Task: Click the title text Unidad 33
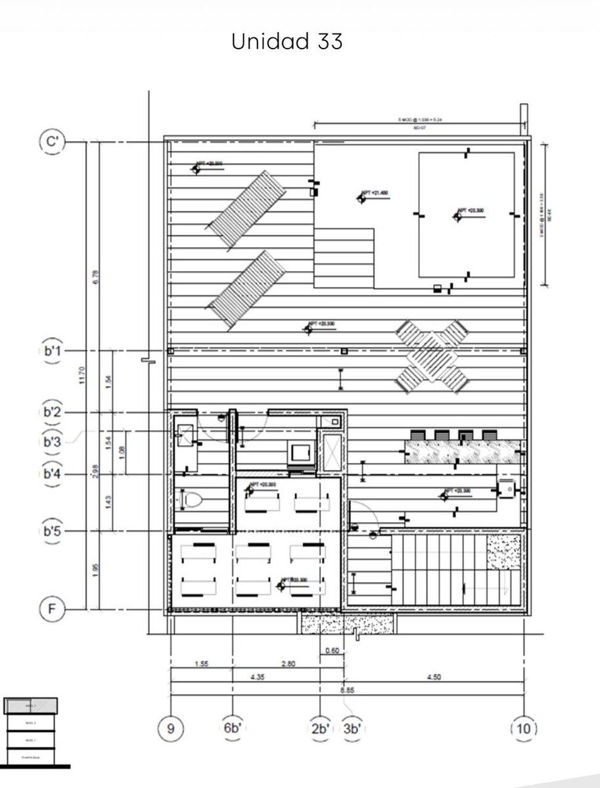(x=287, y=41)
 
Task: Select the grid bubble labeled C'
(x=51, y=142)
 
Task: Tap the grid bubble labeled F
(x=51, y=609)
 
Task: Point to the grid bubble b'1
(x=52, y=351)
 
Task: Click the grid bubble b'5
(x=52, y=531)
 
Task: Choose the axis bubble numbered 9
(x=170, y=728)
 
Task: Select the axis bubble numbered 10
(x=524, y=728)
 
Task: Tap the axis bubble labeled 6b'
(x=232, y=728)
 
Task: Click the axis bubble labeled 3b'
(x=352, y=728)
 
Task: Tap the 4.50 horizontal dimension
(x=433, y=677)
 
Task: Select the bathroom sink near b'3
(x=185, y=433)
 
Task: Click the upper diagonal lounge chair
(x=247, y=209)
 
